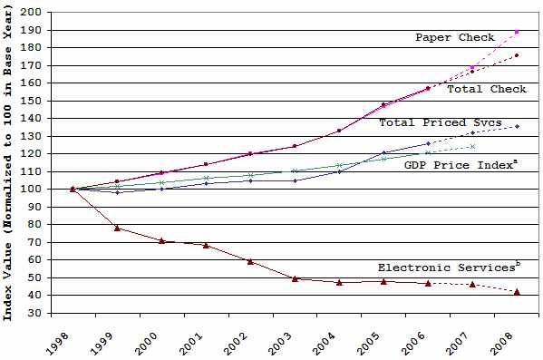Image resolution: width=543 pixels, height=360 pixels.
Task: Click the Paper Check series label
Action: tap(455, 37)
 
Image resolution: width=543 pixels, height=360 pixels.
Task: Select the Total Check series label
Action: tap(488, 89)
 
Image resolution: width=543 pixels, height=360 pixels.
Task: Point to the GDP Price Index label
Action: tap(448, 164)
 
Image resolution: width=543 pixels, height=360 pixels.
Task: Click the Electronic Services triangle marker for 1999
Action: tap(117, 228)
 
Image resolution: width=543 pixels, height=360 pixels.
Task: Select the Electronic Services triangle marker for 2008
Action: tap(517, 291)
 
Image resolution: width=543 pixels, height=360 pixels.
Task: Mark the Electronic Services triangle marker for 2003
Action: tap(295, 278)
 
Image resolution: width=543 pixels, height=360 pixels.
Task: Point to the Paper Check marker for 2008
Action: tap(517, 32)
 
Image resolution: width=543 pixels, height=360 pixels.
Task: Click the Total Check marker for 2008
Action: tap(517, 55)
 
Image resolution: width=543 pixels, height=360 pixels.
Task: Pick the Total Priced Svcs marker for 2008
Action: tap(517, 126)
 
